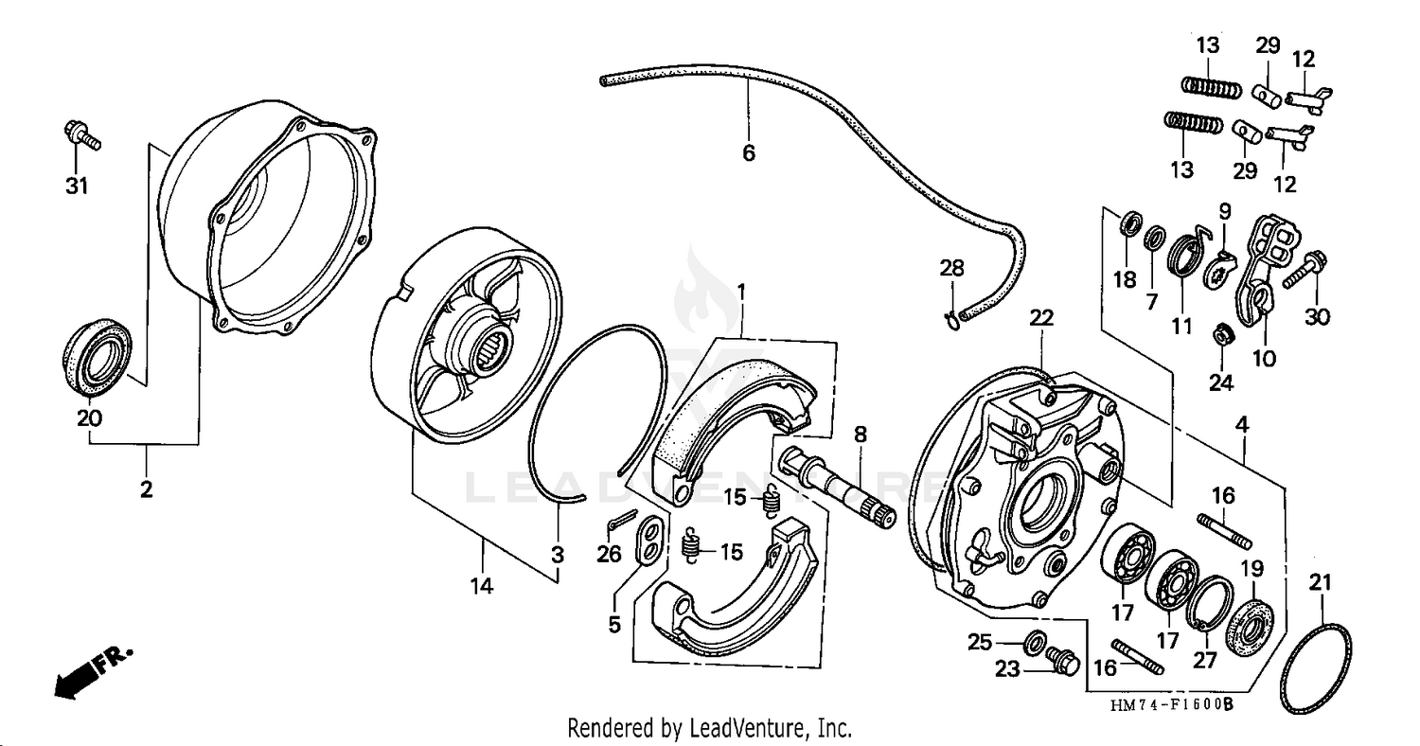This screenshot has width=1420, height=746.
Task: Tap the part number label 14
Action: click(481, 587)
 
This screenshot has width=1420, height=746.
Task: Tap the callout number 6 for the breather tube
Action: click(748, 152)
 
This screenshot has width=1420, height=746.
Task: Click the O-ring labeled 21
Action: click(1315, 668)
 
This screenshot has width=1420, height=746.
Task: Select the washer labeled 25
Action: click(1035, 639)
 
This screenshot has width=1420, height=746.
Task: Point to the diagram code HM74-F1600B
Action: click(1173, 705)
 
